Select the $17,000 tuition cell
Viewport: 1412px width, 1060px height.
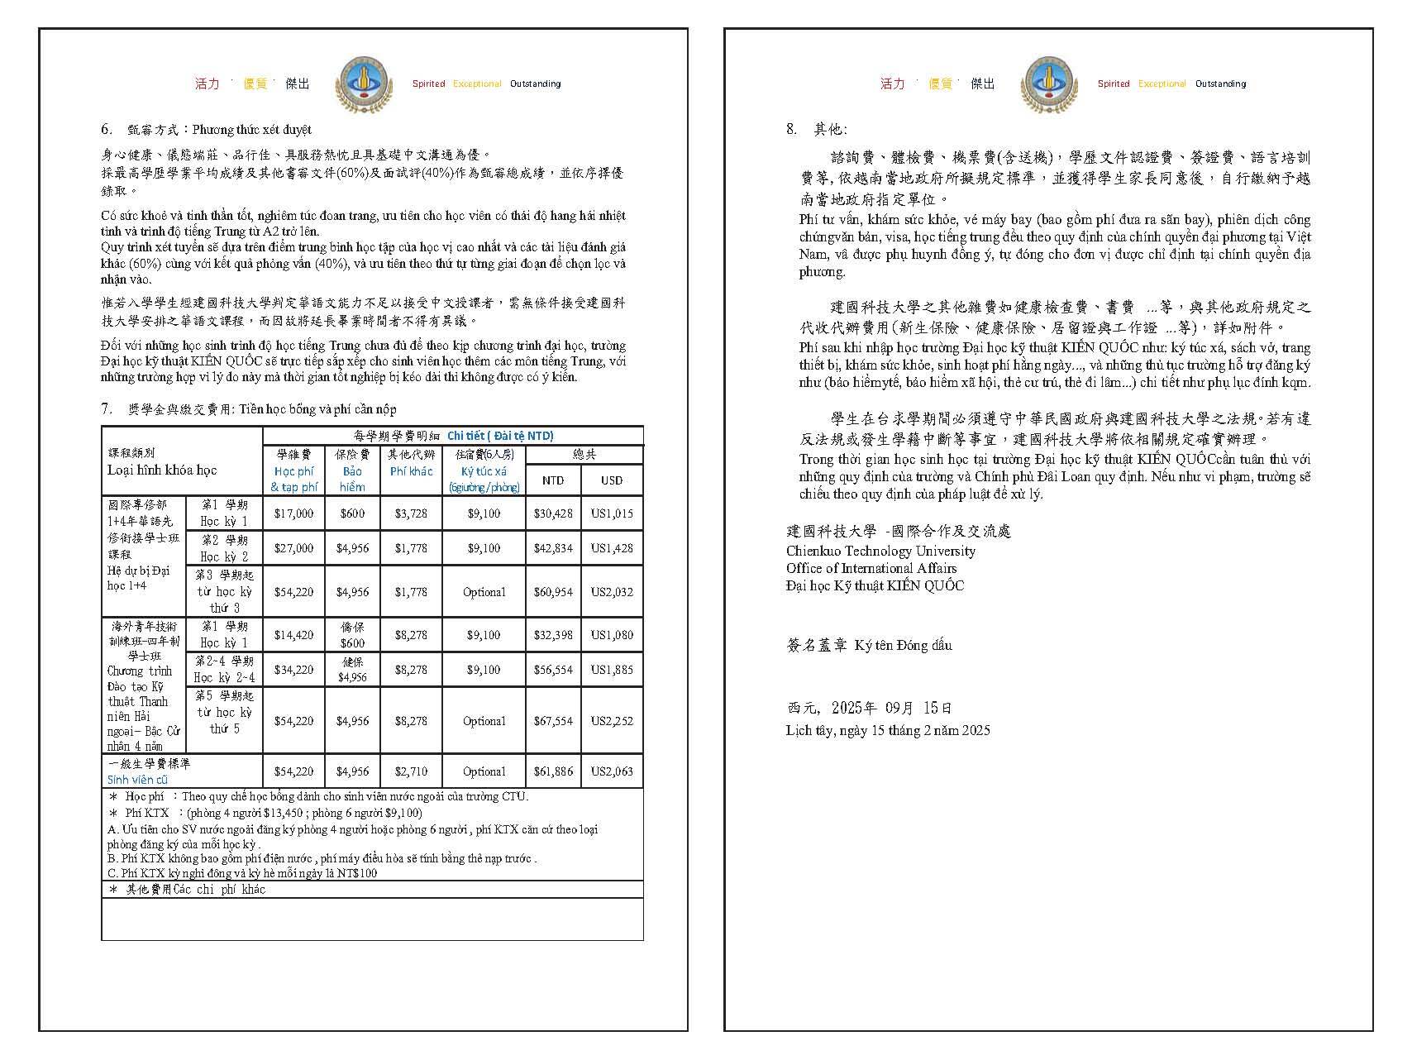tap(293, 513)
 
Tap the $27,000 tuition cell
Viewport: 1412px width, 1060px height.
tap(293, 548)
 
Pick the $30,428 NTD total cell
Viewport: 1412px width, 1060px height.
tap(553, 513)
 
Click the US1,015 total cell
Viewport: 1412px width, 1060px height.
tap(612, 513)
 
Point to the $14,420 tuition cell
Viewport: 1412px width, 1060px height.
tap(293, 635)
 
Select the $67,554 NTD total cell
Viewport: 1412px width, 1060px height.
tap(553, 721)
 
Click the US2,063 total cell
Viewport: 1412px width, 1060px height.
tap(612, 771)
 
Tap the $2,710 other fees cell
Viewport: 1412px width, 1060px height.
tap(411, 771)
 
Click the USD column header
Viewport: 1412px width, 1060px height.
tap(612, 480)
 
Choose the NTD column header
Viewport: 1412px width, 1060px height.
tap(553, 480)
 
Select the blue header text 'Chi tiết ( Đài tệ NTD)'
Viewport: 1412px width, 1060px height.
tap(500, 436)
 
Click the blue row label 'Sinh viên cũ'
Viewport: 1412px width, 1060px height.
tap(137, 780)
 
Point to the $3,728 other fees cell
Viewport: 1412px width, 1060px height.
tap(411, 513)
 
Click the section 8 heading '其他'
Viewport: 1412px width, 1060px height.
tap(829, 129)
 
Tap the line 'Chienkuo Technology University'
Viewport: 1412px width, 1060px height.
tap(880, 551)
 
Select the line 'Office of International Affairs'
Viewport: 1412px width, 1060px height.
tap(871, 568)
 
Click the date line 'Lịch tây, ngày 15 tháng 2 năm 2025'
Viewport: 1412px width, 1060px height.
tap(888, 730)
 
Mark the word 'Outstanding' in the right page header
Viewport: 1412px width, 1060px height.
tap(1220, 84)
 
